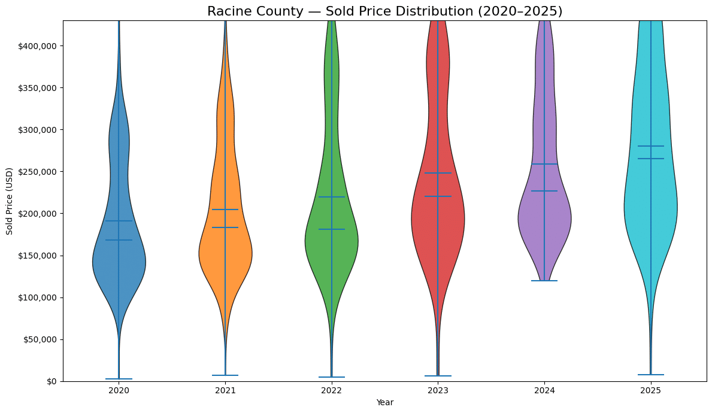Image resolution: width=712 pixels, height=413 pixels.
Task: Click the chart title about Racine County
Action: (384, 11)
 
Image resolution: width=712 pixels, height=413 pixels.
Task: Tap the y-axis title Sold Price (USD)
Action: (10, 201)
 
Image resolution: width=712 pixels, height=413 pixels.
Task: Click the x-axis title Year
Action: (384, 403)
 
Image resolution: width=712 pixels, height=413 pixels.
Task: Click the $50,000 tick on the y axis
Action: (40, 339)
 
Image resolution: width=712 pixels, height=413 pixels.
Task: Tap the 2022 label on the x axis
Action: (332, 390)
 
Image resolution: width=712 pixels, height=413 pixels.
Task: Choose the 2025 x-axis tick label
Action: (650, 390)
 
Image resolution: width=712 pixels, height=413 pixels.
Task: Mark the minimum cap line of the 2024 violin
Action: (544, 281)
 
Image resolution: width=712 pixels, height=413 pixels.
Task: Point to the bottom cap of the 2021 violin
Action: (225, 375)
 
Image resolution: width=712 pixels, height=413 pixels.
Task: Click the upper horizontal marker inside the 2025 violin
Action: (650, 146)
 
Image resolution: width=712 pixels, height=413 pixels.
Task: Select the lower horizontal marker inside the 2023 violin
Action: (438, 196)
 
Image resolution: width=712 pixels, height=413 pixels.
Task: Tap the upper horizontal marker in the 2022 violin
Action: (332, 197)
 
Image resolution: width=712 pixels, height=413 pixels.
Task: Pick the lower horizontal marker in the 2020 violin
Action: (119, 240)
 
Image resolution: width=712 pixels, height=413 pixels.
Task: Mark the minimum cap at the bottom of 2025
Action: (650, 375)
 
